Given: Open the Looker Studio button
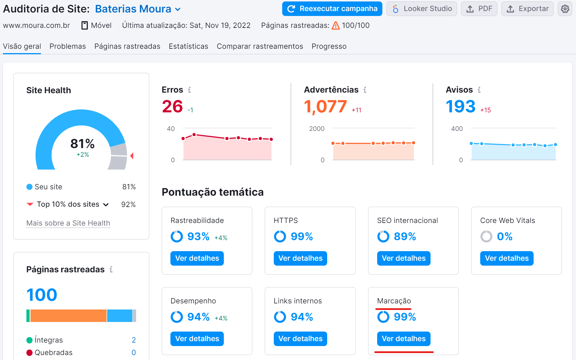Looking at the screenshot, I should pyautogui.click(x=422, y=9).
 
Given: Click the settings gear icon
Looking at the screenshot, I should pyautogui.click(x=565, y=9).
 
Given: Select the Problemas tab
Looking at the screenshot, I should pyautogui.click(x=68, y=46).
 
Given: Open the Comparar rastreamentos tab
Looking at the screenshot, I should pyautogui.click(x=260, y=46).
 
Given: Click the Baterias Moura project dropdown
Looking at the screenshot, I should pyautogui.click(x=138, y=9).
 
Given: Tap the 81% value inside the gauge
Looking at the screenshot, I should pyautogui.click(x=82, y=144).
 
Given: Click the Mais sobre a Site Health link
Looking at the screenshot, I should pyautogui.click(x=68, y=223).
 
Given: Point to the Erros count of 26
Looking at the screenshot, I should pyautogui.click(x=172, y=106).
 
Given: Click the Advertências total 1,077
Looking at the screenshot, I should pyautogui.click(x=325, y=106).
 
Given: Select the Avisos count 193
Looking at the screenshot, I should pyautogui.click(x=460, y=106).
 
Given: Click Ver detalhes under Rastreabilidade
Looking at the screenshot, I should pyautogui.click(x=197, y=258).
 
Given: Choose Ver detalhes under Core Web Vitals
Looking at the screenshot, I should pyautogui.click(x=507, y=258).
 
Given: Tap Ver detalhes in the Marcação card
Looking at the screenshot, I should pyautogui.click(x=404, y=339).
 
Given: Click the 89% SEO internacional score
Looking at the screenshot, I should pyautogui.click(x=405, y=236).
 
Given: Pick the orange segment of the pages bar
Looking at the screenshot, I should pyautogui.click(x=68, y=316).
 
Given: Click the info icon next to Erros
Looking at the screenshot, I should pyautogui.click(x=189, y=90).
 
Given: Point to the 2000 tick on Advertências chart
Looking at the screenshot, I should pyautogui.click(x=317, y=129).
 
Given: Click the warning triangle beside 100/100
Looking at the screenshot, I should pyautogui.click(x=336, y=26).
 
